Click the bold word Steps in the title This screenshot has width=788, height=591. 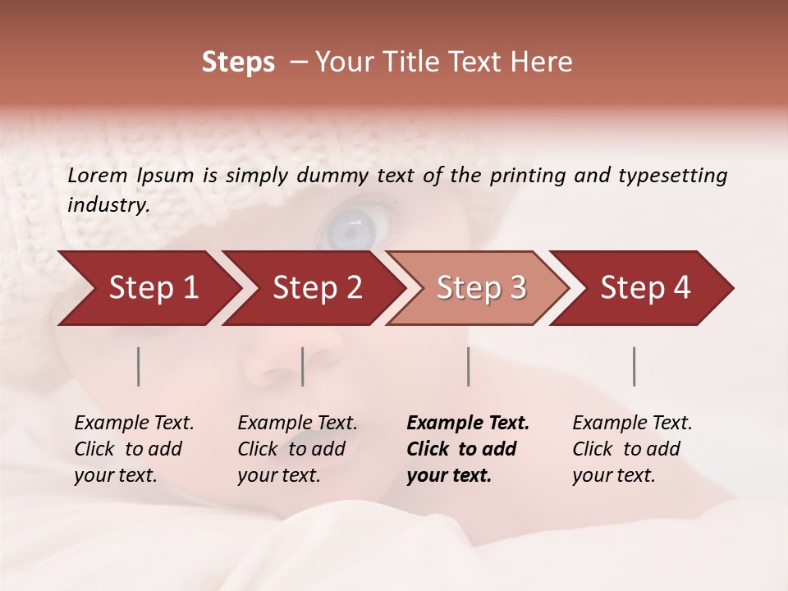238,62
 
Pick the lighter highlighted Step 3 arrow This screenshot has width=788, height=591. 481,288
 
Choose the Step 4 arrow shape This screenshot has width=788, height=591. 645,288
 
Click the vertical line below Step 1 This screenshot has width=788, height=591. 139,366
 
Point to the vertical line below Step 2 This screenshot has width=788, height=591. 303,366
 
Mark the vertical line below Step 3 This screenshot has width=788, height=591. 469,366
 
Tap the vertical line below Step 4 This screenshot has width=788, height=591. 635,366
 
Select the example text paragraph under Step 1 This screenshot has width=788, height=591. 133,449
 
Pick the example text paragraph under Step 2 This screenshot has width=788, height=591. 296,449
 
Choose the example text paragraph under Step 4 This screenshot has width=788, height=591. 631,449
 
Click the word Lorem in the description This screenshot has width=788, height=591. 97,175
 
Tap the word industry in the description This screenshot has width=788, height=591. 108,205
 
